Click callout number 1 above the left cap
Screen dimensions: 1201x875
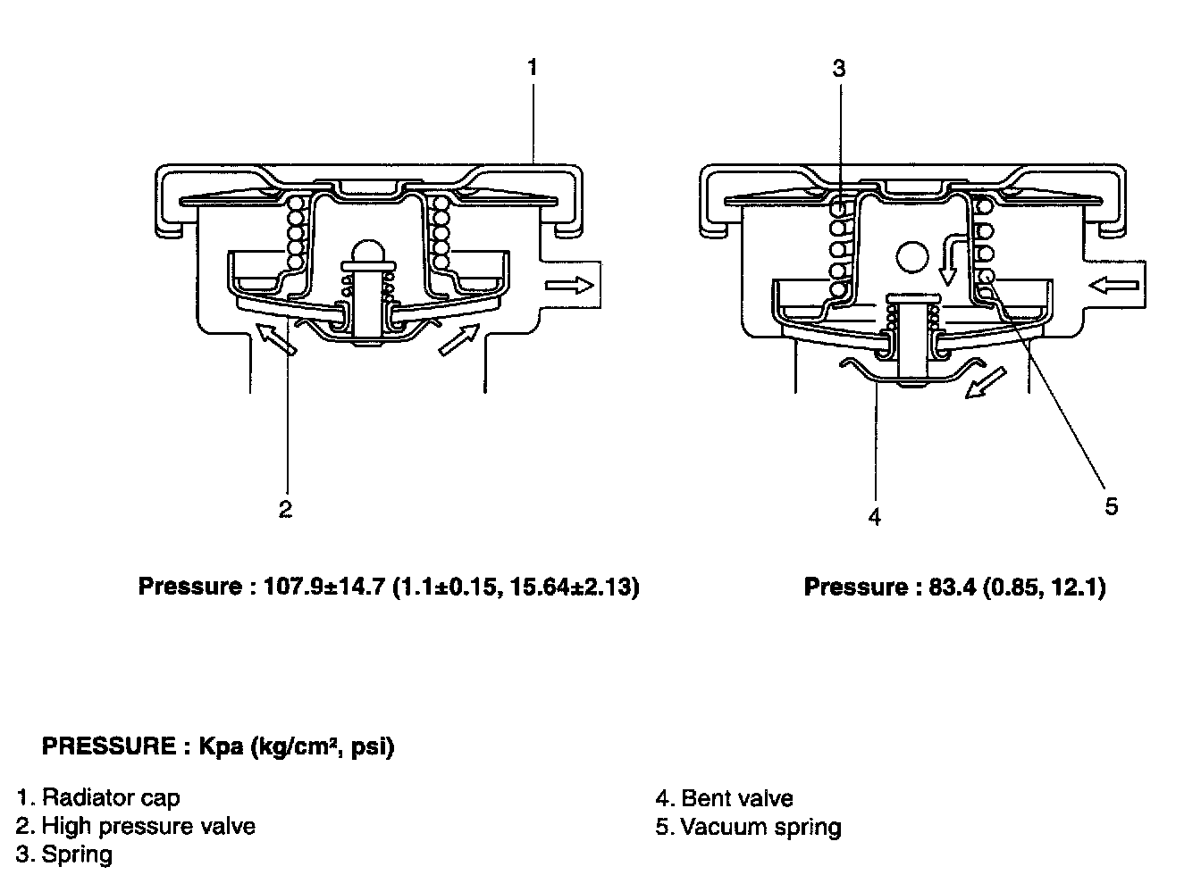[x=532, y=68]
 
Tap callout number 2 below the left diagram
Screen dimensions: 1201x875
[x=285, y=509]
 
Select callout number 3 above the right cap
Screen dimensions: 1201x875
[x=839, y=69]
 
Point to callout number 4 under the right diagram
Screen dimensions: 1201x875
[x=875, y=517]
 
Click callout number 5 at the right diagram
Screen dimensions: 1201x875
[x=1112, y=506]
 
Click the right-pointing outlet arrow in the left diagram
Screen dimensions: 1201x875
[x=569, y=285]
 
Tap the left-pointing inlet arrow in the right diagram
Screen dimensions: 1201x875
[x=1113, y=286]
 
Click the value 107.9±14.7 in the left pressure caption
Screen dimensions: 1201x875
[x=324, y=587]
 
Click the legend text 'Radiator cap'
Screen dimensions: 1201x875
[x=111, y=797]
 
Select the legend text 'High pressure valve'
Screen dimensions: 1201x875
[x=148, y=826]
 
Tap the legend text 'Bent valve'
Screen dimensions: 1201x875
[x=737, y=798]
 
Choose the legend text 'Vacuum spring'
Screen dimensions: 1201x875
[x=761, y=827]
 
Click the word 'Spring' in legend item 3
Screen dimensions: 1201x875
[x=77, y=854]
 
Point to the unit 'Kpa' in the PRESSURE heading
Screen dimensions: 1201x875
[x=221, y=746]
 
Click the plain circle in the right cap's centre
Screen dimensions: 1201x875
[x=912, y=256]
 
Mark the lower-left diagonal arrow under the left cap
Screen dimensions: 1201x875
[x=276, y=338]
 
